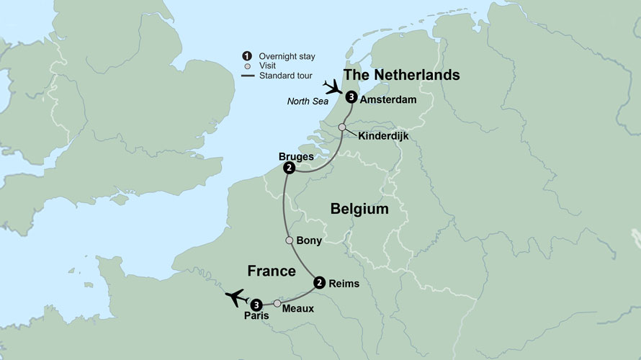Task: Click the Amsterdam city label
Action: coord(390,99)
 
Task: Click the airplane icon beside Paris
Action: coord(236,297)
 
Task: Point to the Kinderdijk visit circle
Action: coord(342,127)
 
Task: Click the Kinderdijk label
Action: coord(382,135)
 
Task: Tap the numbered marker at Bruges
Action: coord(289,168)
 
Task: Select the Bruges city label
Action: coord(295,156)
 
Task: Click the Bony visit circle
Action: coord(290,240)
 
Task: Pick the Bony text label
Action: coord(309,240)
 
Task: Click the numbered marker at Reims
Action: coord(319,282)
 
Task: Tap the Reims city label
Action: coord(344,284)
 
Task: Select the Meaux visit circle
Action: coord(277,303)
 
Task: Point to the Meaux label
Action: coord(298,310)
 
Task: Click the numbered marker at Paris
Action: coord(256,302)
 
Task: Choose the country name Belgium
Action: coord(359,210)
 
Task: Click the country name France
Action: coord(272,271)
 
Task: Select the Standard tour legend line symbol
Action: coord(247,76)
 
